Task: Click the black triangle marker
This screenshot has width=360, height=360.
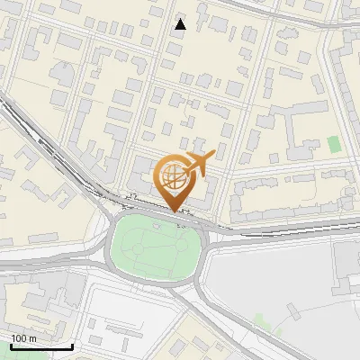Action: click(x=181, y=24)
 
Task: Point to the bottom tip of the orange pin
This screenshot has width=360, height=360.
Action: click(x=172, y=211)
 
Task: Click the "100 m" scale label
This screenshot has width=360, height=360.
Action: click(x=23, y=338)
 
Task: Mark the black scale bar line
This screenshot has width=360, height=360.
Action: click(x=41, y=346)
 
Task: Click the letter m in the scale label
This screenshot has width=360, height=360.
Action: click(x=32, y=338)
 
